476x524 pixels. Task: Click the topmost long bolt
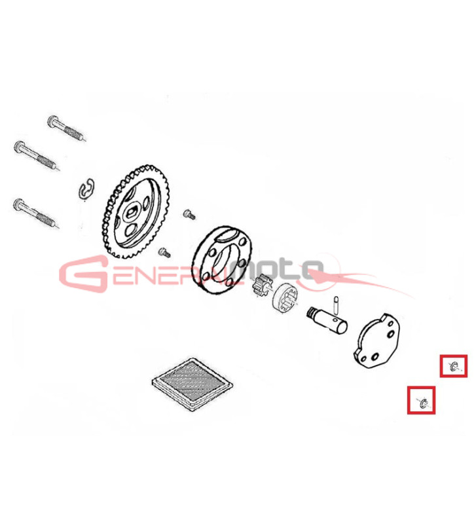(x=66, y=128)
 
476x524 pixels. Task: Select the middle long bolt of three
(x=37, y=155)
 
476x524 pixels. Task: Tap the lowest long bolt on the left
(x=36, y=214)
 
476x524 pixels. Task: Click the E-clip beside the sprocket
(x=87, y=191)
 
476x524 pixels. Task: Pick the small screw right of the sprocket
(x=189, y=214)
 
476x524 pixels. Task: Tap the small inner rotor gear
(x=262, y=285)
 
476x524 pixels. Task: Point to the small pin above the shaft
(x=337, y=305)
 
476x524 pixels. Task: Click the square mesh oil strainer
(x=192, y=384)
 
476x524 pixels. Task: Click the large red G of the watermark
(x=84, y=274)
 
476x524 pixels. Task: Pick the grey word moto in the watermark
(x=280, y=269)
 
